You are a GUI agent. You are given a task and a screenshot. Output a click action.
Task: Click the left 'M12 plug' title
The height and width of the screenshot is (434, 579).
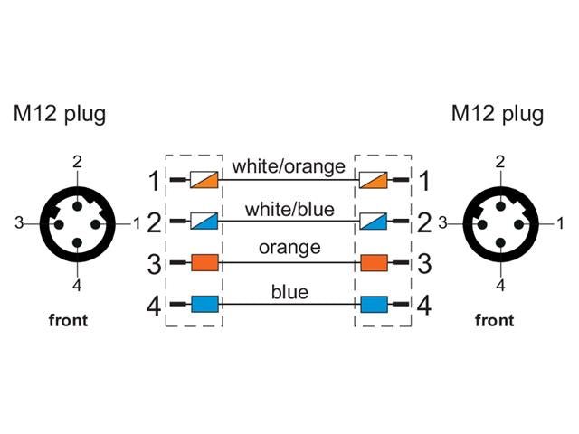point(59,115)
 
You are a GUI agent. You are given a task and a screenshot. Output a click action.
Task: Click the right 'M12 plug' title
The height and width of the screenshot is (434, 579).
point(498,115)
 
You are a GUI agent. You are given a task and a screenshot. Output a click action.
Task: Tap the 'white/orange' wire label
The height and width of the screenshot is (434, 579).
point(289,167)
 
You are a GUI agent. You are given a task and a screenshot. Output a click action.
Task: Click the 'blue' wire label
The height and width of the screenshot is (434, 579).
point(289,291)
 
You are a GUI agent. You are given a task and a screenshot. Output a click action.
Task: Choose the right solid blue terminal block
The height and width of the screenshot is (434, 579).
point(374,305)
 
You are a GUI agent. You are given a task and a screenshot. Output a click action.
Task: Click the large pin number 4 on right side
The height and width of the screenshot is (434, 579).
point(423,306)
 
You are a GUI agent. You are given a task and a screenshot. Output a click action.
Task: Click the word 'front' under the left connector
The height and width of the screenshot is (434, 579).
point(68,321)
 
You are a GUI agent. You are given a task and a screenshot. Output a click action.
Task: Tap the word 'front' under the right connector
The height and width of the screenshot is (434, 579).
point(494,320)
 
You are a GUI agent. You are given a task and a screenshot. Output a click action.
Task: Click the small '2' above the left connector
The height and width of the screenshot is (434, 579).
point(78,162)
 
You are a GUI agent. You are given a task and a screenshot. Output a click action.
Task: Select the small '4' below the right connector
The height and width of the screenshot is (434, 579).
point(500,286)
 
